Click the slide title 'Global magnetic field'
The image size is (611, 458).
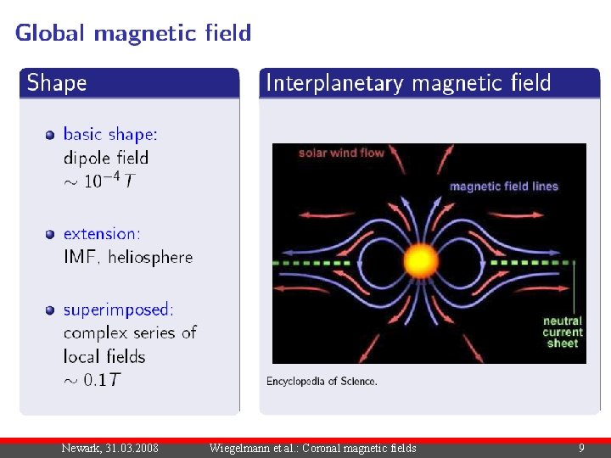pos(133,33)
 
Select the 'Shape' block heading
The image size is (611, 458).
pos(57,83)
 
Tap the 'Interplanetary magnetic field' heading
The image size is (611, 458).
pos(408,83)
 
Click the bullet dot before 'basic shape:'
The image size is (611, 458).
pos(51,134)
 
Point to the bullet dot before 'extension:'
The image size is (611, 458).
pos(51,233)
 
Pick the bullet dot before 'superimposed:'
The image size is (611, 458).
pos(51,310)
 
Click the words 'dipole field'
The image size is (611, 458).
pos(106,158)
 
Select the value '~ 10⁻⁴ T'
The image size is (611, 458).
pos(98,181)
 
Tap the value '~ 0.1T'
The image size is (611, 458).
pos(92,379)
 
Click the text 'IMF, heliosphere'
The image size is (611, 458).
pos(128,257)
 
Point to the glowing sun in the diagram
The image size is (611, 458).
pos(421,260)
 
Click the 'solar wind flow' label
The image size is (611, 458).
pos(341,154)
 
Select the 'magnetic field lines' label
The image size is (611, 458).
pos(503,187)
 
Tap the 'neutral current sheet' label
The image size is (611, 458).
pos(562,332)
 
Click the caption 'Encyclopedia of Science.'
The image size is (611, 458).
pos(322,382)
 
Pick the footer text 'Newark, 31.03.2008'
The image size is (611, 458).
pos(109,448)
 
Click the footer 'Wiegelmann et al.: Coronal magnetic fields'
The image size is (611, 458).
pos(312,448)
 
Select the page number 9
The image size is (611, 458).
pos(581,448)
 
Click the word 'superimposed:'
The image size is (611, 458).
pos(119,310)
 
